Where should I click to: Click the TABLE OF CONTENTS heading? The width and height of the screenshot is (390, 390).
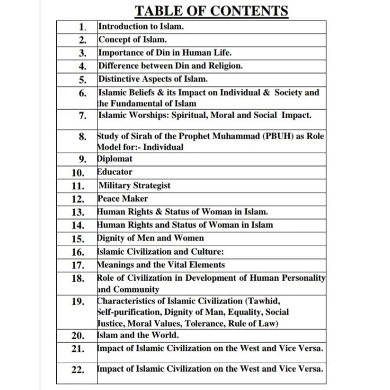pos(212,11)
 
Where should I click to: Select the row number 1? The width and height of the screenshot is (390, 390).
pos(82,27)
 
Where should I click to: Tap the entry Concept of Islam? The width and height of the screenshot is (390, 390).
pos(132,40)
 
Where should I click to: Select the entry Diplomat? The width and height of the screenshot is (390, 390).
pos(115,159)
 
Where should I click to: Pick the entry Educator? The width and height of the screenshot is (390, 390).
pos(115,172)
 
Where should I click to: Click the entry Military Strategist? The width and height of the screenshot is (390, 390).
pos(134,186)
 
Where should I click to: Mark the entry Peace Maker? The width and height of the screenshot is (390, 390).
pos(123,198)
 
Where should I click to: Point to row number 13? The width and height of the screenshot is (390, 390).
pos(79,212)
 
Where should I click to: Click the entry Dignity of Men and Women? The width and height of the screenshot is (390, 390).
pos(150,238)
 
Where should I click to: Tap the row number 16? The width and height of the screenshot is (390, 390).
pos(79,252)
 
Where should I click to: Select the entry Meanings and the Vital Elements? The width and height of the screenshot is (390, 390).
pos(160,265)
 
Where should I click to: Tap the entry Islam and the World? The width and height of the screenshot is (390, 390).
pos(138,335)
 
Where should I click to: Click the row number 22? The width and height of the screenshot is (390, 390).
pos(79,369)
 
